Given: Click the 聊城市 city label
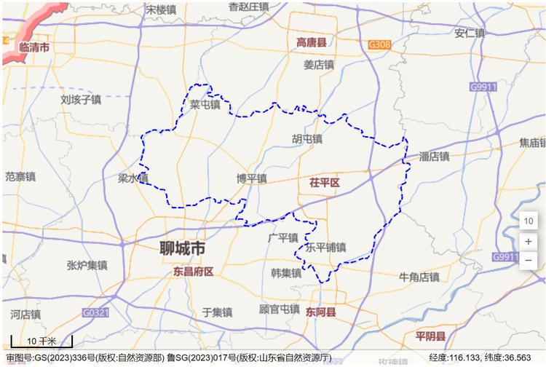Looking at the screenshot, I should pyautogui.click(x=183, y=248).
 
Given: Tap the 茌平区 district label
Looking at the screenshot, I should pyautogui.click(x=325, y=181).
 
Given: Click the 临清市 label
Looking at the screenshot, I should pyautogui.click(x=34, y=47).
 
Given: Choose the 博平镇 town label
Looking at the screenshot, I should pyautogui.click(x=251, y=178).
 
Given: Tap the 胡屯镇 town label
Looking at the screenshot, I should pyautogui.click(x=307, y=138).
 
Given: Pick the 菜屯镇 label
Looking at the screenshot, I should pyautogui.click(x=205, y=105).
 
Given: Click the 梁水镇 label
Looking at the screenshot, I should pyautogui.click(x=133, y=178).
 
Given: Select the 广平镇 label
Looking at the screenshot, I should pyautogui.click(x=282, y=238).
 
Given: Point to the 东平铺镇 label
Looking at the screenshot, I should pyautogui.click(x=326, y=248).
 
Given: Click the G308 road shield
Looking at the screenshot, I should pyautogui.click(x=379, y=44).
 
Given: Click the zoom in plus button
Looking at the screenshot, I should pyautogui.click(x=529, y=241).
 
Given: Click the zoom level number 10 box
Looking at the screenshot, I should pyautogui.click(x=529, y=221).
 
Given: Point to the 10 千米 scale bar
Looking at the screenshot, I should pyautogui.click(x=41, y=341).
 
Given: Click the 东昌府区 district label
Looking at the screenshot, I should pyautogui.click(x=193, y=272).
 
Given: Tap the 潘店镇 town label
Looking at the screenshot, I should pyautogui.click(x=435, y=157).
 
